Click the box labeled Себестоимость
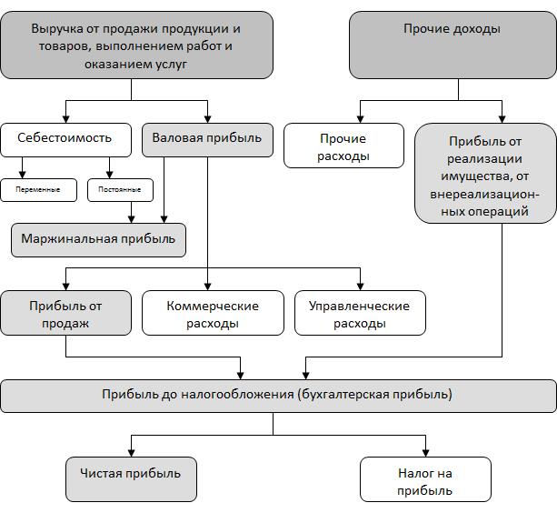pos(65,140)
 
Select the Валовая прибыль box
pos(207,140)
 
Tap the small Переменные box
pos(38,190)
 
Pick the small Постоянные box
pos(120,190)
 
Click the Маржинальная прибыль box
pos(98,240)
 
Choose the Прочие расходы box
pos(343,146)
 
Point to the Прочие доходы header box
pos(453,45)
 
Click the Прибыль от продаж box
pos(65,313)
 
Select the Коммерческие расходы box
pos(213,313)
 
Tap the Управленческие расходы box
pos(360,313)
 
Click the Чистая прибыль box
pos(131,479)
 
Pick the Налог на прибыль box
pos(425,479)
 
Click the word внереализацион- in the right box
pos(485,195)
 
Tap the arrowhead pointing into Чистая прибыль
pos(131,453)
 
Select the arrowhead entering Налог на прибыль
pos(425,453)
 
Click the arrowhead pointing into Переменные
pos(22,175)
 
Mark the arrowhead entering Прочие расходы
pos(360,119)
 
